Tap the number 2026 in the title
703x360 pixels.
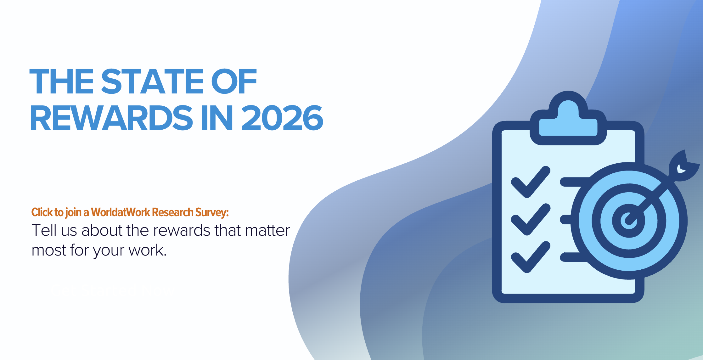coord(282,118)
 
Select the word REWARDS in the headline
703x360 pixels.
coord(111,118)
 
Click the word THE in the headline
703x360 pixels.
coord(62,82)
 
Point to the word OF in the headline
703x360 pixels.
coord(234,82)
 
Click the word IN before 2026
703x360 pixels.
coord(217,118)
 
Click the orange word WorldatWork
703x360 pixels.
coord(121,212)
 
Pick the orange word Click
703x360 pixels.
coord(42,212)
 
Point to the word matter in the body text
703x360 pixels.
coord(267,230)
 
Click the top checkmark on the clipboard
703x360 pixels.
coord(531,182)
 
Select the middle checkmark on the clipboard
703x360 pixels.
coord(531,219)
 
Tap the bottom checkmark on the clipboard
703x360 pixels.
coord(531,257)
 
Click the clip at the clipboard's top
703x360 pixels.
coord(568,118)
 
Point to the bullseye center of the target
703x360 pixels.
coord(629,221)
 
